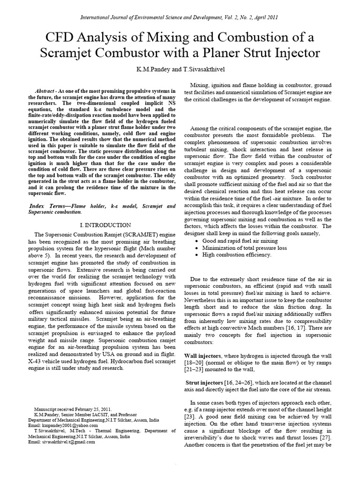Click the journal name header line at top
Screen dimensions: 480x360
point(180,17)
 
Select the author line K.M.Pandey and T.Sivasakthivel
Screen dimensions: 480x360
point(180,69)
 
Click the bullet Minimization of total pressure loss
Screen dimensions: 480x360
point(245,247)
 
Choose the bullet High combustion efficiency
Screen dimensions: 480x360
point(237,255)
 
